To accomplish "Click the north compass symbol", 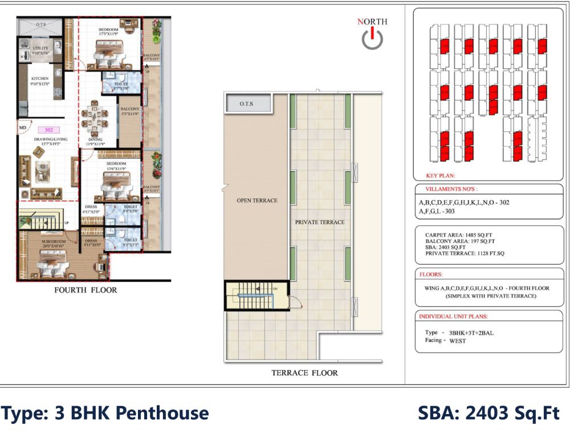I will click(372, 38).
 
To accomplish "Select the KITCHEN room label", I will click(39, 79).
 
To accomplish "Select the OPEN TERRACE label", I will click(257, 201).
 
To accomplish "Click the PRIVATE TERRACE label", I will click(319, 222).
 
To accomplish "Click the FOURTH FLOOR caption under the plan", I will click(85, 290).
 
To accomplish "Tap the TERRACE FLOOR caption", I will click(304, 373).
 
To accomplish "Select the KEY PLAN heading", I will click(441, 176).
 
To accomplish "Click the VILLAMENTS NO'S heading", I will click(452, 189).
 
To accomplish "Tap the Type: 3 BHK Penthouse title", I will click(105, 412).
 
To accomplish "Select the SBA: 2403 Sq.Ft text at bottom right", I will click(489, 412).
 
